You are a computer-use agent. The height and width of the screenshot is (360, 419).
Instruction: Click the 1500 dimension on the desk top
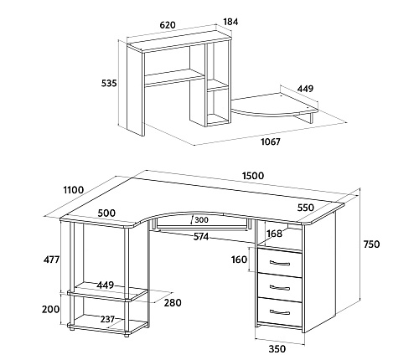[253, 176]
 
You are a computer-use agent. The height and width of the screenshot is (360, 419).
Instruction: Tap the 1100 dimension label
[74, 190]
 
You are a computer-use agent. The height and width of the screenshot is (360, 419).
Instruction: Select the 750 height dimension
[371, 244]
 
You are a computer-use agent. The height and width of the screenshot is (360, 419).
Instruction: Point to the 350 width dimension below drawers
[277, 349]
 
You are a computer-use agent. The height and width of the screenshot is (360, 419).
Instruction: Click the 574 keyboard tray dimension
[201, 237]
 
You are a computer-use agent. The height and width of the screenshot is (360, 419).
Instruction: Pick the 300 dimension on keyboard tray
[201, 220]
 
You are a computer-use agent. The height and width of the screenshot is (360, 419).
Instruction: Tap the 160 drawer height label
[239, 260]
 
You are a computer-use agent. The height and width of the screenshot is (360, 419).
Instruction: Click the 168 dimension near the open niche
[274, 234]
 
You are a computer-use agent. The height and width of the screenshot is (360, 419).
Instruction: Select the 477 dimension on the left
[51, 260]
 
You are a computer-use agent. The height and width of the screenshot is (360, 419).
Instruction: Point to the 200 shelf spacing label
[50, 309]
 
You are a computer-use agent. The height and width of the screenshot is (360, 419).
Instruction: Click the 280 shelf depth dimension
[173, 302]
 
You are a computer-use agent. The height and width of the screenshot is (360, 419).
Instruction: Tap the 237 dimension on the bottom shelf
[107, 319]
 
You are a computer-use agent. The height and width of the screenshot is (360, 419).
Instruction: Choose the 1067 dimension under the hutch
[271, 141]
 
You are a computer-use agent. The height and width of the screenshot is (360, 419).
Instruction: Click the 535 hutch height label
[109, 83]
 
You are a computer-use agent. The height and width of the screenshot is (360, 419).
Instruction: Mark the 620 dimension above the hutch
[168, 25]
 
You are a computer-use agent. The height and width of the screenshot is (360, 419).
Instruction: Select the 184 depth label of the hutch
[230, 22]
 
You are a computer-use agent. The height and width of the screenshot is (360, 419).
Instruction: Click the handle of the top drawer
[280, 263]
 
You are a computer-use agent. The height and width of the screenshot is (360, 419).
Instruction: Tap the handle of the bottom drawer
[280, 311]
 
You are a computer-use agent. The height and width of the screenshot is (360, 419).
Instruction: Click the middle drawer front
[280, 286]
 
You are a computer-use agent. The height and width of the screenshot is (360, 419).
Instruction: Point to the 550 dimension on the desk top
[305, 208]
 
